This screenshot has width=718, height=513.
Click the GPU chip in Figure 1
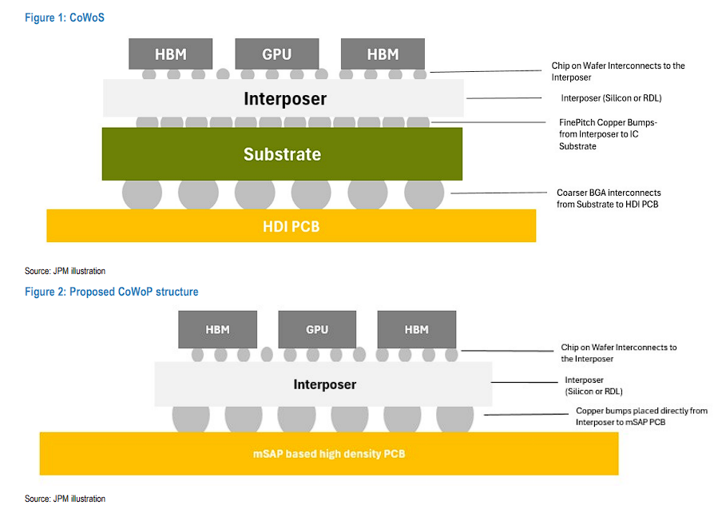coord(276,54)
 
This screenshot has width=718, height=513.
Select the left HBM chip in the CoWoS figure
coord(170,54)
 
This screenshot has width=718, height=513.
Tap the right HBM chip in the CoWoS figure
coord(382,54)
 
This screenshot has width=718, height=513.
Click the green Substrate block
coord(282,154)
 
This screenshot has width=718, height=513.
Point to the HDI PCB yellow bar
coord(291,226)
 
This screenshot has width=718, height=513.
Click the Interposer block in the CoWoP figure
coord(323,384)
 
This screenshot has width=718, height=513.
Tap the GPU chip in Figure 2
coord(317,329)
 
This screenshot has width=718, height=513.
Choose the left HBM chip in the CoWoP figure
coord(217,329)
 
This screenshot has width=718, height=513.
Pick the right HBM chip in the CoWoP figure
coord(417,329)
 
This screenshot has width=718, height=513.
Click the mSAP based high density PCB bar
coord(328,454)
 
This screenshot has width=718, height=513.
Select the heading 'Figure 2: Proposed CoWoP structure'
coord(111,292)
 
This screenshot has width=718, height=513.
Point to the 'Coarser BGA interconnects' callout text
coord(609,198)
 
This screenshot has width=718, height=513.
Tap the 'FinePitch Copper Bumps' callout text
coord(608,134)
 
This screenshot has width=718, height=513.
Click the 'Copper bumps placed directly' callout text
coord(641,416)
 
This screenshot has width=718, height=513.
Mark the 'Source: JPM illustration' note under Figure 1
coord(65,271)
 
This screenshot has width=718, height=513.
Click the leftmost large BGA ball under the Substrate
coord(142,193)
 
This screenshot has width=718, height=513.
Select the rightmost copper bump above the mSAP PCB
coord(454,419)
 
